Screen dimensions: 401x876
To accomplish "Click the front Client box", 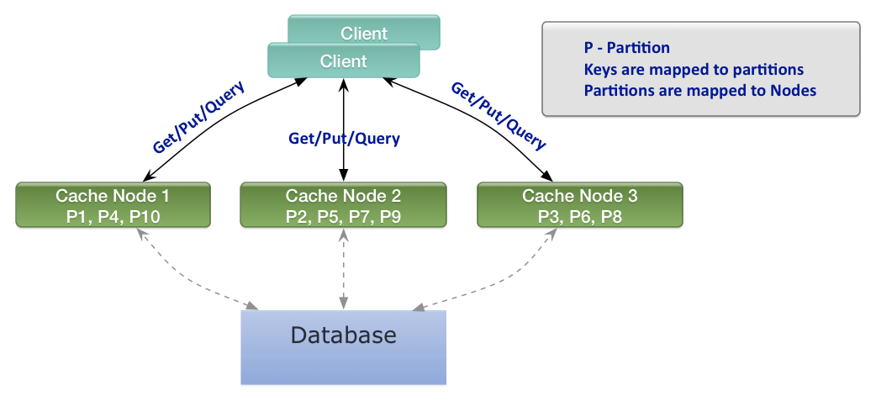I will point(343,61).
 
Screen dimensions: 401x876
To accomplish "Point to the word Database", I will point(343,335).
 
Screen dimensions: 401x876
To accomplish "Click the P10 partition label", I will point(145,217).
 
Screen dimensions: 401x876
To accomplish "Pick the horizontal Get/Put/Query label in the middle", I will point(344,138).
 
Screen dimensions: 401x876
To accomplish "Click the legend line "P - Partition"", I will point(626,48).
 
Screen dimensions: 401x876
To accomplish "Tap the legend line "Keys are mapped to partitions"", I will point(694,69).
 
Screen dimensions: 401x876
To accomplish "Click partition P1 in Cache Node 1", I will point(77,217).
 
